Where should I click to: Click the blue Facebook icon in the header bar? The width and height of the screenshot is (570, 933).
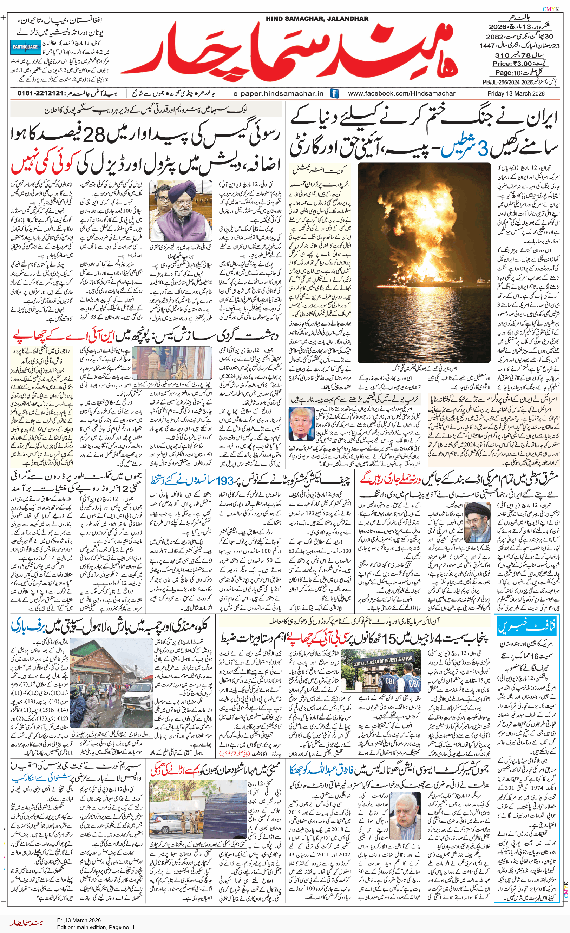pos(334,93)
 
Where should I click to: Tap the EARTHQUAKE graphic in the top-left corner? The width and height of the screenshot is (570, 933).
pos(25,47)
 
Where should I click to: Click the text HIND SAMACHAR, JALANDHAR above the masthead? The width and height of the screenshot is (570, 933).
pos(317,19)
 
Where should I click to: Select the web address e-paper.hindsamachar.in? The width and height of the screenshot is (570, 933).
pos(279,93)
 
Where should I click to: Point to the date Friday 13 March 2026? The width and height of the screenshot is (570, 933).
pos(516,93)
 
